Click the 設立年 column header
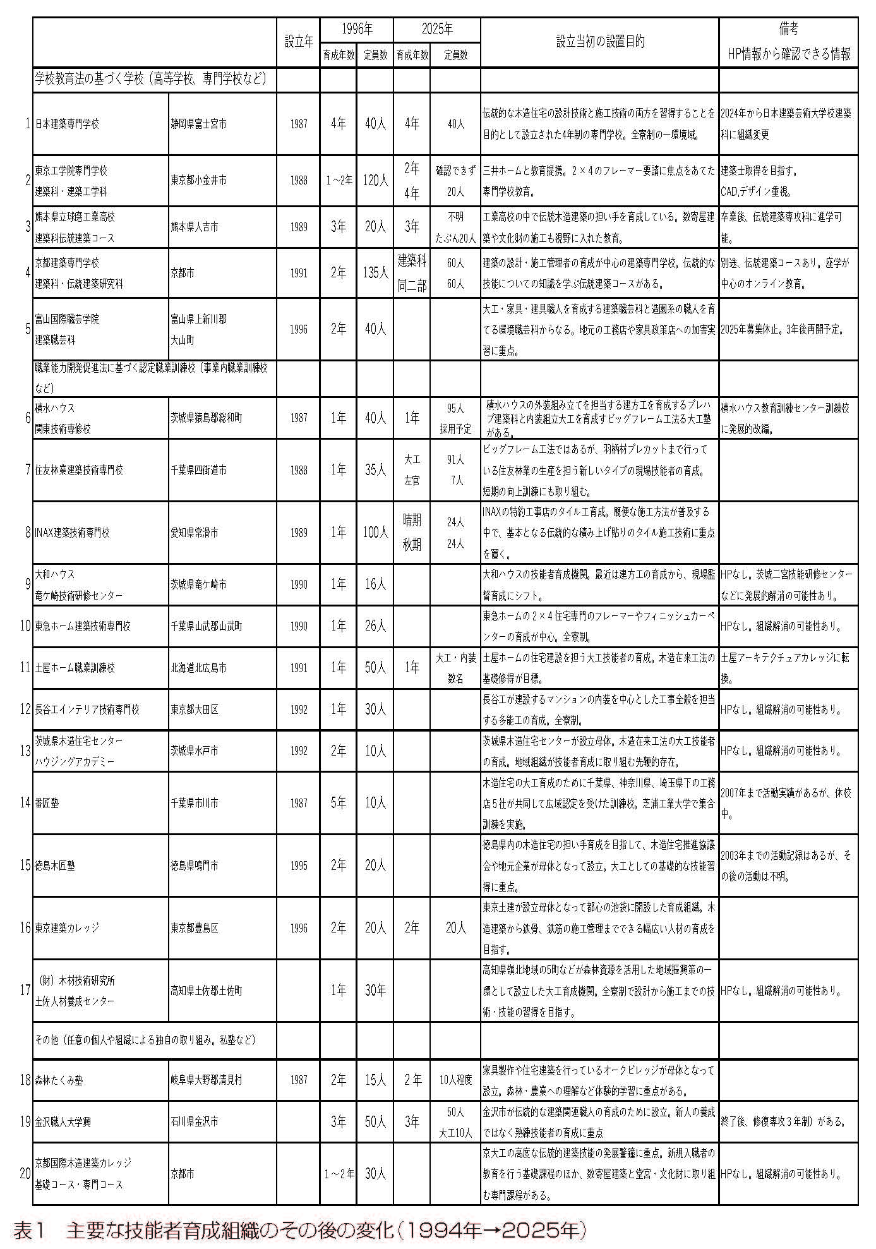(x=298, y=42)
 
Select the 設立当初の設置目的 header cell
(x=599, y=42)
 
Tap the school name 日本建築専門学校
(x=68, y=124)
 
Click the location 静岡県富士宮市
(x=198, y=124)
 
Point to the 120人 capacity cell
(x=375, y=181)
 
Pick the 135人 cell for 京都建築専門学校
(x=375, y=273)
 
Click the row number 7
(x=28, y=470)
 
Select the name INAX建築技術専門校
(x=73, y=533)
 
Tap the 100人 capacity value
(x=375, y=533)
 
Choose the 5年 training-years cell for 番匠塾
(x=338, y=803)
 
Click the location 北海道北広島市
(x=198, y=668)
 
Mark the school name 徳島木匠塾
(x=55, y=866)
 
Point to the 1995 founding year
(x=299, y=866)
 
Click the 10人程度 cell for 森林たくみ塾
(x=455, y=1080)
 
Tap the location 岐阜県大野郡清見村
(x=206, y=1080)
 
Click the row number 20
(x=25, y=1174)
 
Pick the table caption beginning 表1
(x=300, y=1231)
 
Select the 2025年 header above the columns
(x=437, y=29)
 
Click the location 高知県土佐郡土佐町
(x=206, y=991)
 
